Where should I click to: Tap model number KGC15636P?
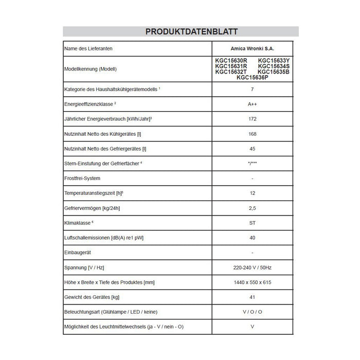coord(253,78)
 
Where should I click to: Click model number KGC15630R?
coord(231,60)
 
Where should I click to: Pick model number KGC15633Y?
coord(274,60)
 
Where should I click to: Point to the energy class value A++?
coord(253,104)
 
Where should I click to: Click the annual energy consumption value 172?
coord(253,119)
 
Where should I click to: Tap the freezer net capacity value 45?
coord(253,149)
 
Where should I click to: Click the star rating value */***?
coord(253,163)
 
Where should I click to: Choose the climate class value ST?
coord(253,223)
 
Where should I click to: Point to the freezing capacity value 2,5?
coord(253,208)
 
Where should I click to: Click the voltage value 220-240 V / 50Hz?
coord(253,267)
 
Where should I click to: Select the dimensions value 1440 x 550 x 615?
coord(253,282)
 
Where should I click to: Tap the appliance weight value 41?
coord(253,297)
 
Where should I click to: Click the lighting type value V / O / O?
coord(253,312)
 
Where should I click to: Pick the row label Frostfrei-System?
coord(82,178)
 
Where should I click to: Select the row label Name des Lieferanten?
coord(88,48)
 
